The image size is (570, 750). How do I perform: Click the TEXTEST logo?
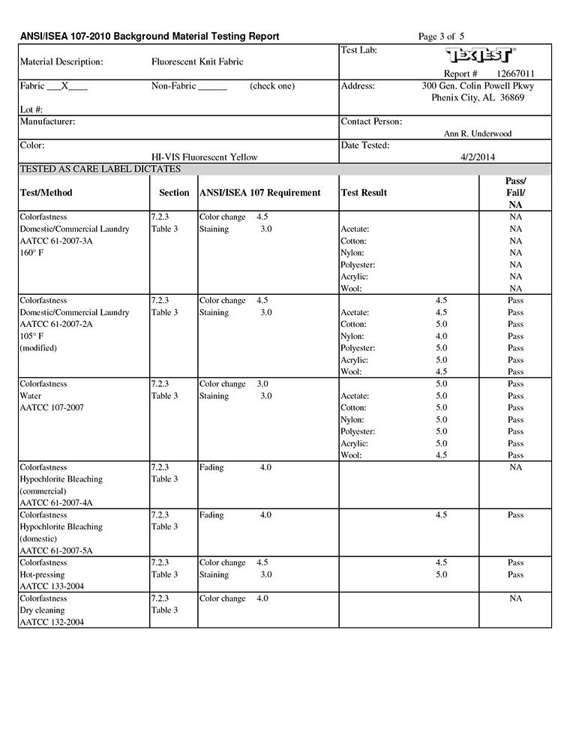click(480, 56)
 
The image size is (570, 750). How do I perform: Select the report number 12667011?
click(514, 73)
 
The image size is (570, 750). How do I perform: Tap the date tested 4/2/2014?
click(477, 157)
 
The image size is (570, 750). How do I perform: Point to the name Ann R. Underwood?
click(478, 133)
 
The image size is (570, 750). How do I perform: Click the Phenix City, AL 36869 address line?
click(477, 97)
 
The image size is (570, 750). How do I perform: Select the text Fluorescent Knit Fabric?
click(197, 61)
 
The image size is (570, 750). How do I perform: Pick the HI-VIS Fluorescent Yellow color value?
click(204, 157)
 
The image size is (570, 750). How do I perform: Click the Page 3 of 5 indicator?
click(441, 36)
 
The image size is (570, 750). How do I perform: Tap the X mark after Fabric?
click(65, 85)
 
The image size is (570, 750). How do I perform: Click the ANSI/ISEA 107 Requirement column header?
click(260, 193)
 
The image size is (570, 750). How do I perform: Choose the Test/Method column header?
click(46, 193)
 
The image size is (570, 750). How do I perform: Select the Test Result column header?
click(364, 193)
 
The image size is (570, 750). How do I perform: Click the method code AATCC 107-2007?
click(52, 407)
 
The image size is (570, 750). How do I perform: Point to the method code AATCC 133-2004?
click(52, 586)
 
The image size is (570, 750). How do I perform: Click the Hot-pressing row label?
click(41, 574)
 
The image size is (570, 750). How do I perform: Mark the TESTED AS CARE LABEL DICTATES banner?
click(100, 169)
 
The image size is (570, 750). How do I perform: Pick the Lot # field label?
click(31, 109)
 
